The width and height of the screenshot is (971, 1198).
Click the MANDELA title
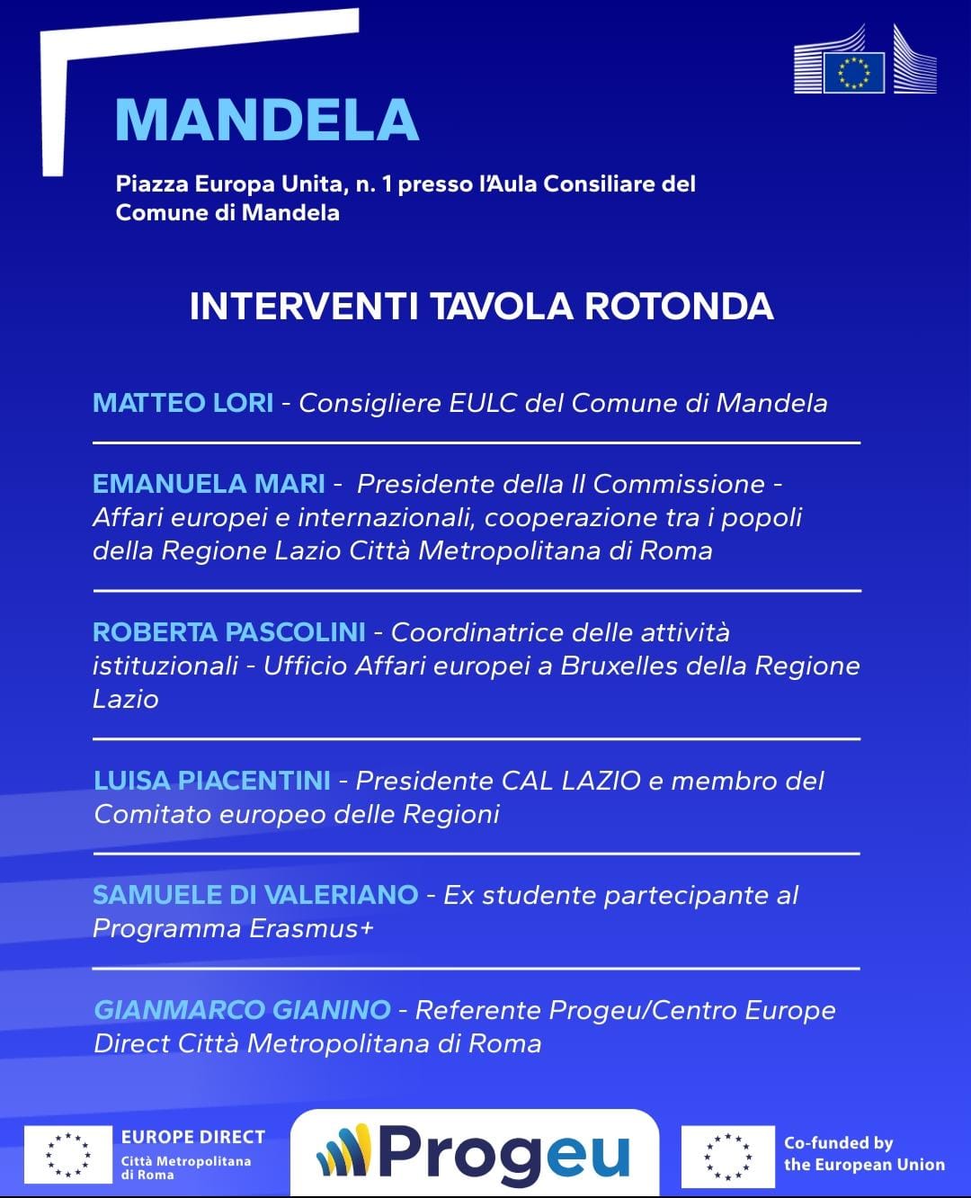point(267,119)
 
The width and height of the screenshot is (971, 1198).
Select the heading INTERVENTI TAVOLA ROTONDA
point(481,306)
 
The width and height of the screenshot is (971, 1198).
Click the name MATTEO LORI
point(183,402)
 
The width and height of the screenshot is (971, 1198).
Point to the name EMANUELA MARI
point(209,484)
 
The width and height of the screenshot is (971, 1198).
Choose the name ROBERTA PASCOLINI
point(228,632)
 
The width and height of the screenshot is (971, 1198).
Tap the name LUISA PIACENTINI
point(212,781)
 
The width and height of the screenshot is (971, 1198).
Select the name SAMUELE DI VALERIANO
point(255,895)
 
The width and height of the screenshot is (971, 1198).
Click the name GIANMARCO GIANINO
point(242,1010)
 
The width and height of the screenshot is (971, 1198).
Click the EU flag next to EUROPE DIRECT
point(68,1155)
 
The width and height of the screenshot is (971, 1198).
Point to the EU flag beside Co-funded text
point(727,1156)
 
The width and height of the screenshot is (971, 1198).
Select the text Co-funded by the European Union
point(863,1154)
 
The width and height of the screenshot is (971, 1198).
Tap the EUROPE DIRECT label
point(192,1137)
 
